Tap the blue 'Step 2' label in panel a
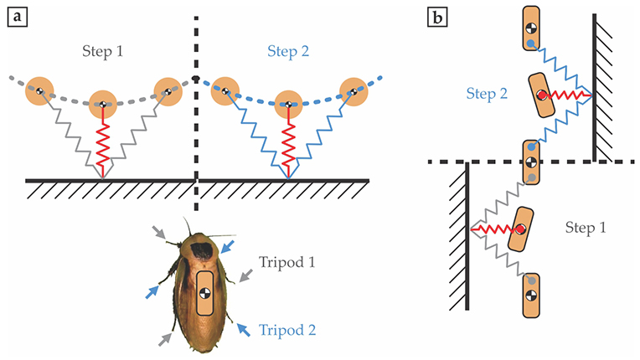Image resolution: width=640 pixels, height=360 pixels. click(290, 51)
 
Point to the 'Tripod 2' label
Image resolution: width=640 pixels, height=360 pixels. click(288, 329)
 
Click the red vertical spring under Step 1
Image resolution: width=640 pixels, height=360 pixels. click(102, 141)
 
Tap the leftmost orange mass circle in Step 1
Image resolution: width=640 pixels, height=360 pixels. click(39, 88)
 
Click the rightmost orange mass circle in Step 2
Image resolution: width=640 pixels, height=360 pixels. click(354, 88)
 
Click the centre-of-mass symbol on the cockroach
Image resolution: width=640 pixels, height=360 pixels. click(204, 293)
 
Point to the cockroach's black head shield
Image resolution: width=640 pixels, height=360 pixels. click(202, 249)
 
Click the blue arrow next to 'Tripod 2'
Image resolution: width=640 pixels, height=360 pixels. click(245, 329)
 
